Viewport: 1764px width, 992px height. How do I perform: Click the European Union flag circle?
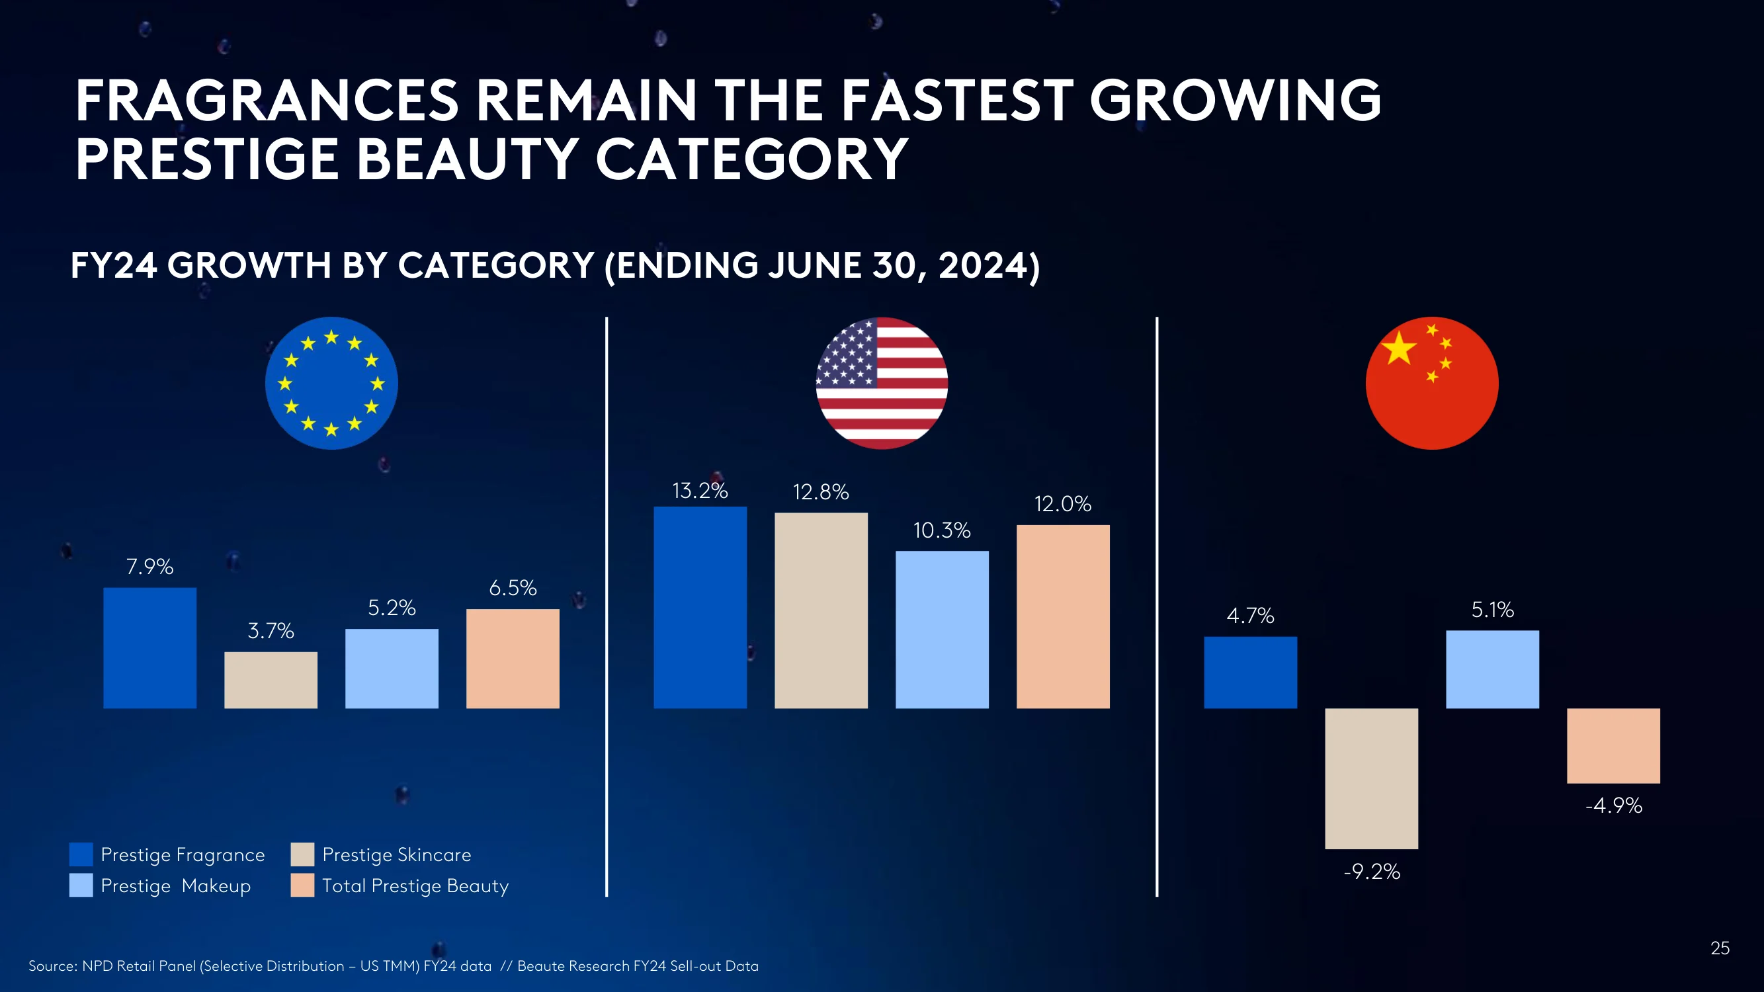pos(331,383)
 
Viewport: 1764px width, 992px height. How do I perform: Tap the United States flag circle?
pos(882,383)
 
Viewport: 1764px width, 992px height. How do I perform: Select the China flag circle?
pos(1432,383)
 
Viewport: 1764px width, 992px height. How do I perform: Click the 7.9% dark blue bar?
pos(150,647)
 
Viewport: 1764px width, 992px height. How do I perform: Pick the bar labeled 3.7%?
pos(271,680)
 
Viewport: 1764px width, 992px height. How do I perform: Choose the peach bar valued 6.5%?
pos(513,659)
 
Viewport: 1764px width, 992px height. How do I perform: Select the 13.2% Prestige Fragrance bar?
pos(700,607)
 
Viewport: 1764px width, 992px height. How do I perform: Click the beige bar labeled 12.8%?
pos(821,610)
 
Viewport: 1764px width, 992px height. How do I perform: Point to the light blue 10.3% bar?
pos(943,630)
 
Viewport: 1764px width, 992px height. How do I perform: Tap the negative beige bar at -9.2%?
pos(1372,778)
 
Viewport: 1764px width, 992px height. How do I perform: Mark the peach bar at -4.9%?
pos(1613,745)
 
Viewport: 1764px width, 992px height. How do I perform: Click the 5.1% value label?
pos(1493,609)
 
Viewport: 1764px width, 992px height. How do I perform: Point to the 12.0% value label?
pos(1063,504)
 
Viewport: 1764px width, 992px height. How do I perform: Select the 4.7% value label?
pos(1251,616)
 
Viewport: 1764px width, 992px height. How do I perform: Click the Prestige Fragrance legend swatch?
pos(81,854)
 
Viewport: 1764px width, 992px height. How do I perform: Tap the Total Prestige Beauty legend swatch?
pos(302,886)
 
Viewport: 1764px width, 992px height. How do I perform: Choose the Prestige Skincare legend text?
pos(396,854)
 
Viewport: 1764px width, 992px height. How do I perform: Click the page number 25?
pos(1720,948)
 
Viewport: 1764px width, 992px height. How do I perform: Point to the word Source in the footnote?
pos(52,966)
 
